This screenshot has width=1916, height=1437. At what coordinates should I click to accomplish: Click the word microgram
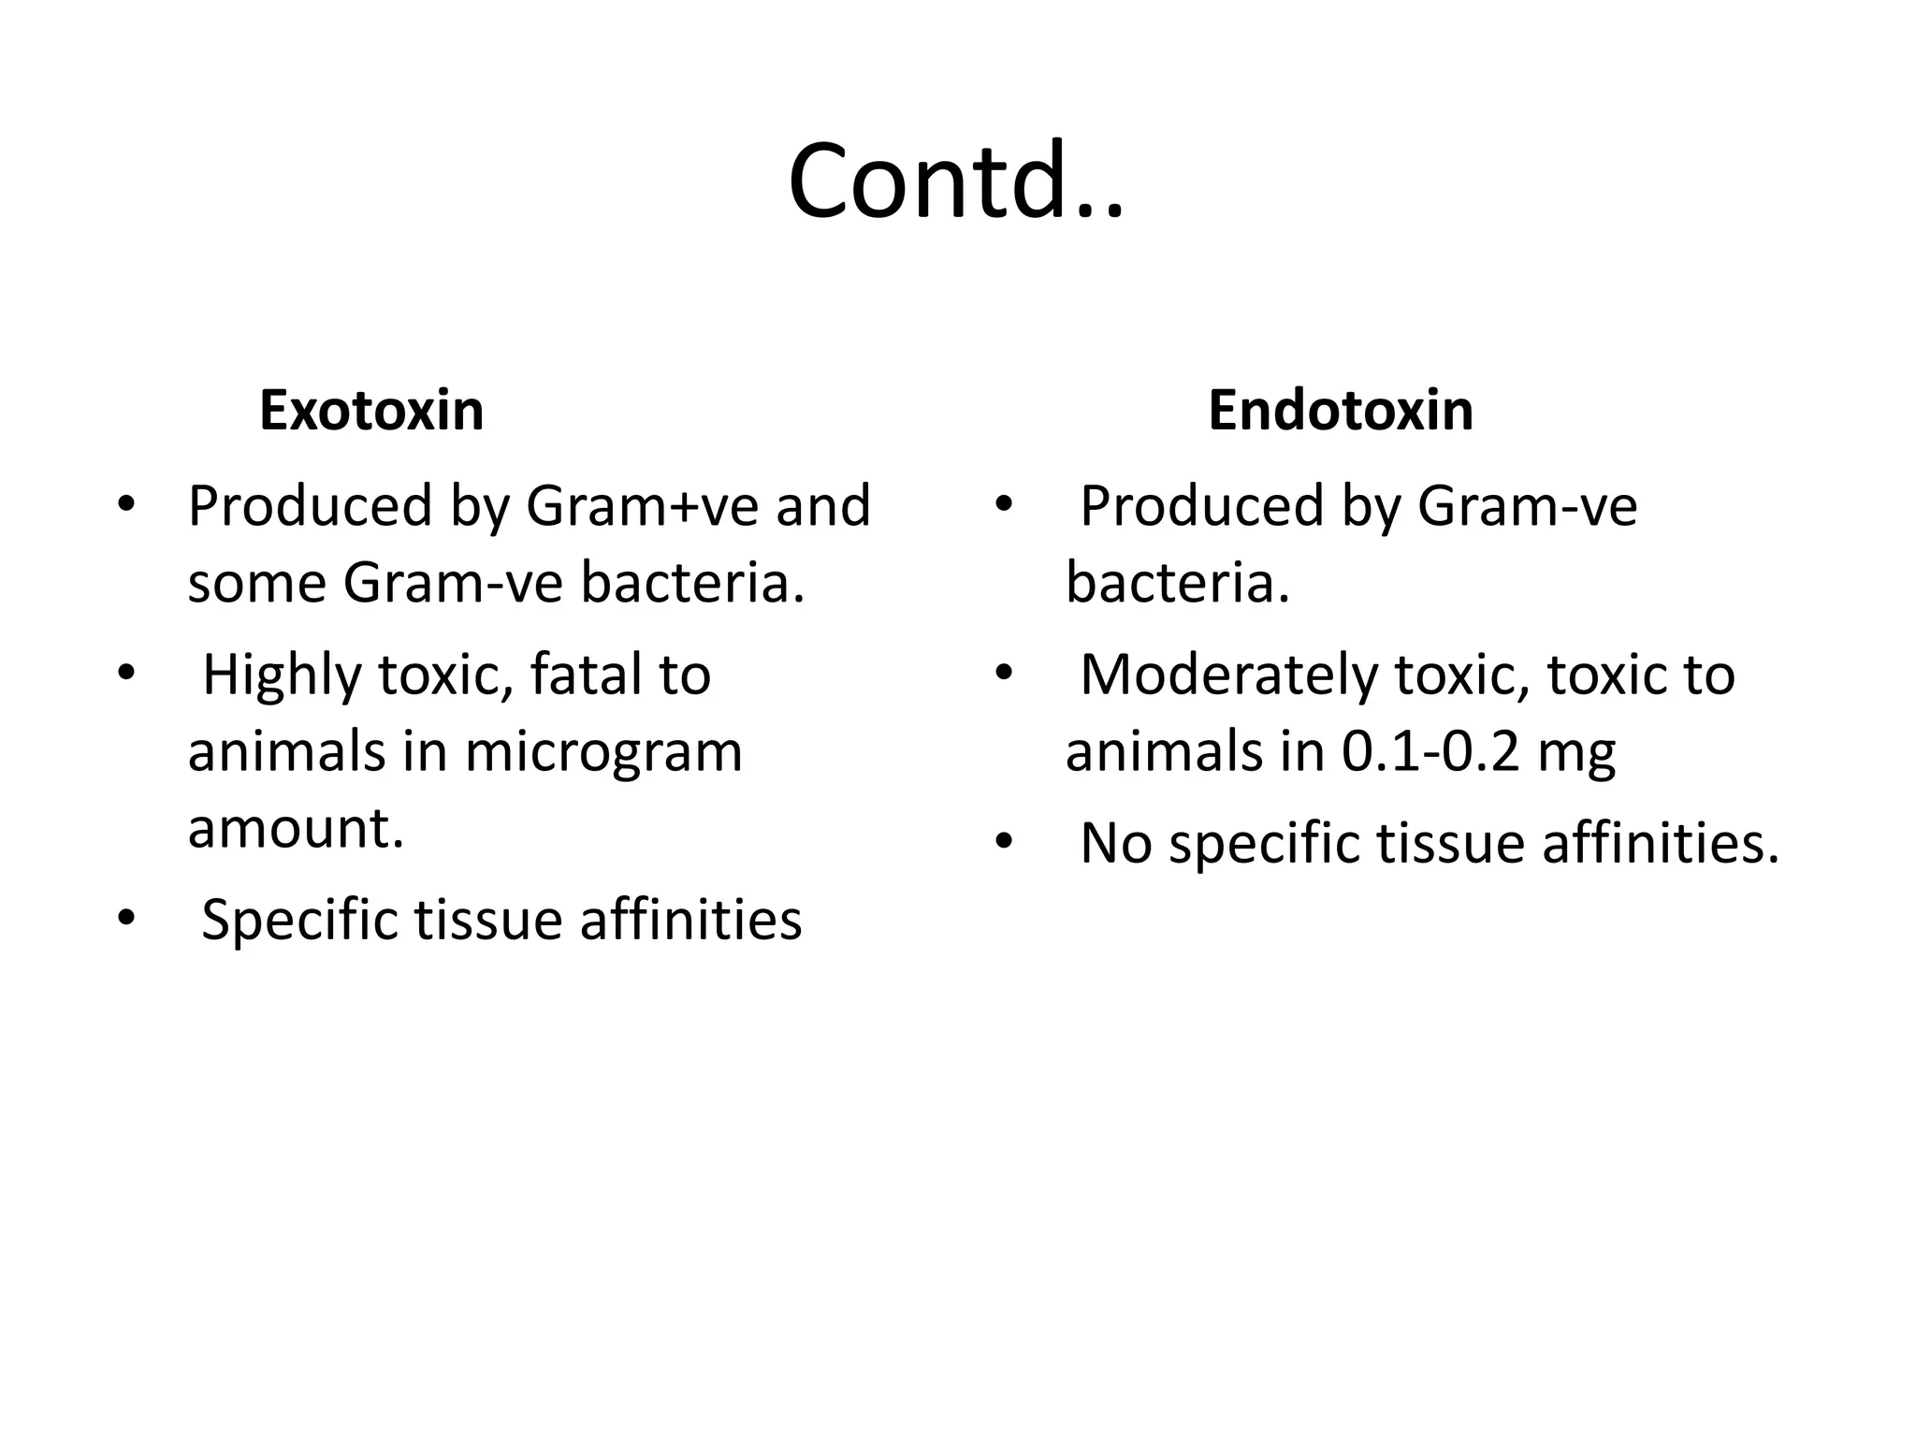click(603, 751)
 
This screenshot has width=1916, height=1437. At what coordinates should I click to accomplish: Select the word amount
click(296, 828)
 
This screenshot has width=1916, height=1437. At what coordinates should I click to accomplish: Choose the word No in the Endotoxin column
click(1115, 843)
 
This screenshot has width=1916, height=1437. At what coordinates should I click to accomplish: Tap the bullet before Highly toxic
click(126, 673)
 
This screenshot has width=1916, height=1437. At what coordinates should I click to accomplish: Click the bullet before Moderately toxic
click(1004, 673)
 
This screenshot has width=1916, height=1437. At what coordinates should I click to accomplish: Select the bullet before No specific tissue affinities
click(1004, 841)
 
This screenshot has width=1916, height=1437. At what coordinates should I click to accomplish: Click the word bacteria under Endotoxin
click(1177, 583)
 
